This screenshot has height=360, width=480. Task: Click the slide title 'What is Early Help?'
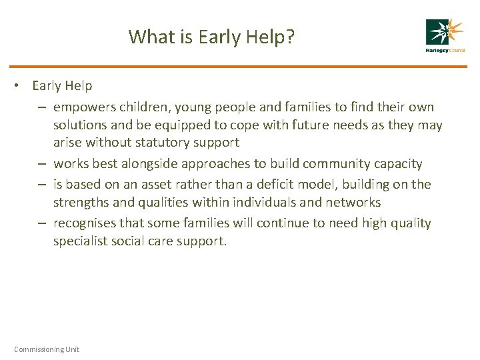click(x=211, y=36)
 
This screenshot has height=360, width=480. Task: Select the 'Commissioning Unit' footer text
click(x=47, y=349)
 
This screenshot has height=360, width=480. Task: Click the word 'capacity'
click(x=398, y=164)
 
